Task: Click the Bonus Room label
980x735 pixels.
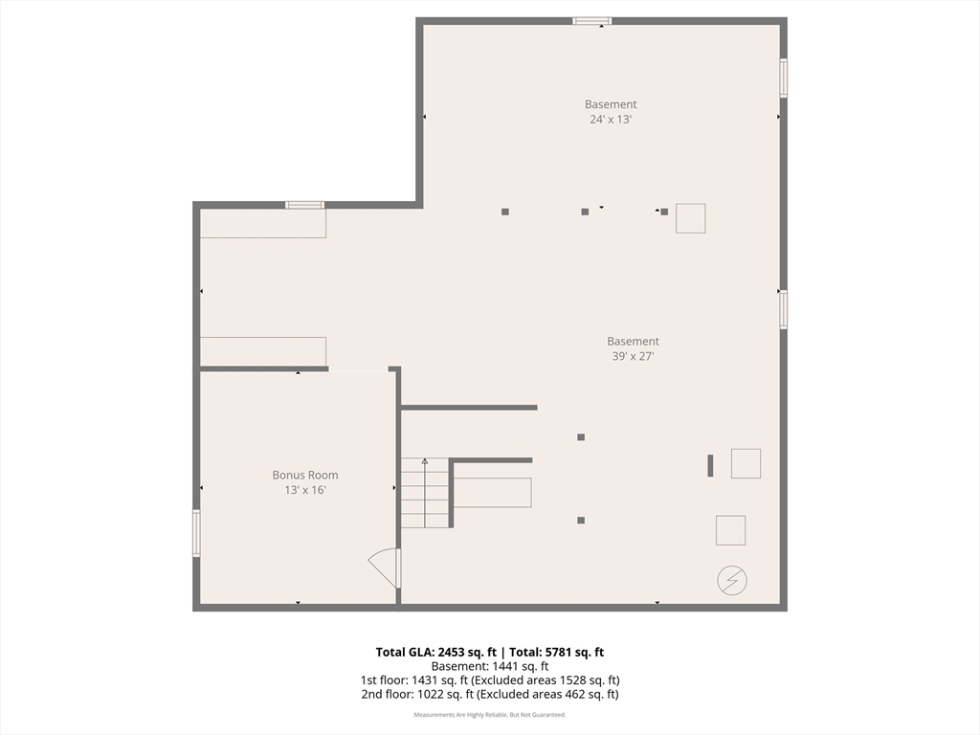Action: pyautogui.click(x=305, y=475)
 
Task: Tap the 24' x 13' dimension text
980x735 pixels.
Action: pyautogui.click(x=611, y=120)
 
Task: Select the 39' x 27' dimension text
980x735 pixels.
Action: pyautogui.click(x=634, y=356)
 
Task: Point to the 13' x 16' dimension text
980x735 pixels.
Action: pyautogui.click(x=305, y=490)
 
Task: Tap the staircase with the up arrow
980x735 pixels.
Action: pyautogui.click(x=425, y=493)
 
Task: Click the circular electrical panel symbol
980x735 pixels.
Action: pyautogui.click(x=732, y=581)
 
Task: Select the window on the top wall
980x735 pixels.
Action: pyautogui.click(x=592, y=21)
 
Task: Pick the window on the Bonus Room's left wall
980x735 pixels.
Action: pyautogui.click(x=196, y=533)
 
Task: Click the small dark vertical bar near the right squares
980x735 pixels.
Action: pyautogui.click(x=710, y=466)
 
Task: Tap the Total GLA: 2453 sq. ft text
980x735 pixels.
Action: pyautogui.click(x=436, y=652)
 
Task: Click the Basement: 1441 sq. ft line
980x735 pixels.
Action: pyautogui.click(x=490, y=666)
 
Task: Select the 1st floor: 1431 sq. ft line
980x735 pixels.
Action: pyautogui.click(x=490, y=680)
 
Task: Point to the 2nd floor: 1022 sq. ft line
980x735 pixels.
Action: pyautogui.click(x=490, y=695)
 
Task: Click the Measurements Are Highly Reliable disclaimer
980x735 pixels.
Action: pyautogui.click(x=490, y=715)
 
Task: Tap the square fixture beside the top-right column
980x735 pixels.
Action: pyautogui.click(x=691, y=219)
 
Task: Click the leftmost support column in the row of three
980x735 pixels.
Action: pyautogui.click(x=505, y=212)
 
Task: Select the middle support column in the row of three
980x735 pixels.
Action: pyautogui.click(x=585, y=212)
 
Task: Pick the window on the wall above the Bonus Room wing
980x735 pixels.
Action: pyautogui.click(x=305, y=205)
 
